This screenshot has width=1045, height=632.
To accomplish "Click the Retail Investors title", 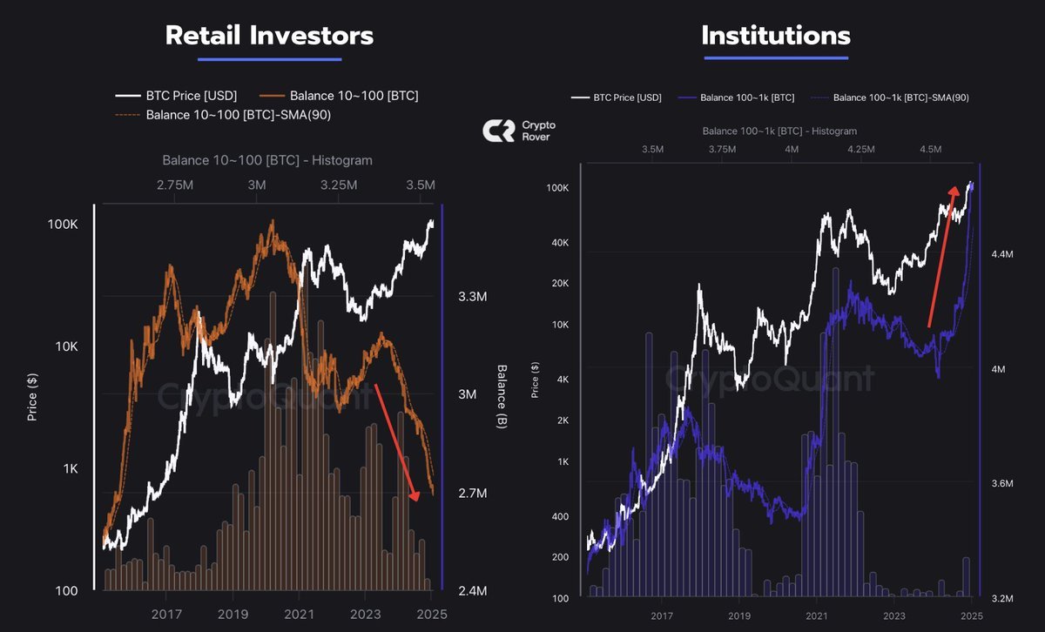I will point(269,36).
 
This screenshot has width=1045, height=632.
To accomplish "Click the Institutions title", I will point(775,36).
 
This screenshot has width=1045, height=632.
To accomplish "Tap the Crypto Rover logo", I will point(520,131).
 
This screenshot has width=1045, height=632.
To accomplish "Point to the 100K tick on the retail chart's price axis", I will point(62,224).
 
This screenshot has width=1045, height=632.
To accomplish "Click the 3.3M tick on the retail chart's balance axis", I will point(472,297).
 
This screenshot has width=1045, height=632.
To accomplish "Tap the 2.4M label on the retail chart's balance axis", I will point(472,592).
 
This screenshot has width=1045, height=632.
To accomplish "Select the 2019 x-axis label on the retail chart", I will point(233,613).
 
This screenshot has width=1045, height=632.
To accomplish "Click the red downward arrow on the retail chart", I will point(396,440).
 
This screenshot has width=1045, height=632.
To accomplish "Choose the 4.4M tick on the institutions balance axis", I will point(1002,254).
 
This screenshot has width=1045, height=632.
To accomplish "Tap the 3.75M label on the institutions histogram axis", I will point(721,149).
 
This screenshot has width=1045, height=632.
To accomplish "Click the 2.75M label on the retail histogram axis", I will point(174,185).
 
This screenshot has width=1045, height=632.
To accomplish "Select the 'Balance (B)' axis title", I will point(502,396).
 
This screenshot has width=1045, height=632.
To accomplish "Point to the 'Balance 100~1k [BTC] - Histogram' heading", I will point(779,131).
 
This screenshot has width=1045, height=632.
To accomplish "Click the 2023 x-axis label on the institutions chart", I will point(894,615).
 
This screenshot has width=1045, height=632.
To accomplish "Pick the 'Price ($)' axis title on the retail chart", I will point(32,396).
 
